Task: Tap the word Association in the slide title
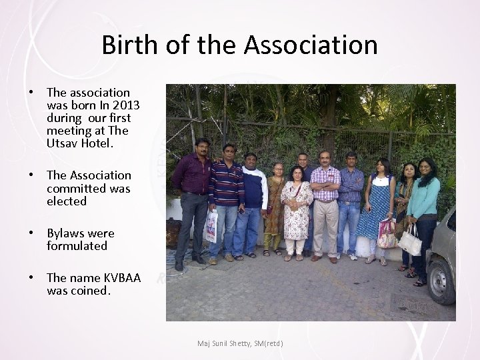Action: point(311,45)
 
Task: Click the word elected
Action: point(67,201)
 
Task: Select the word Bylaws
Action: point(65,233)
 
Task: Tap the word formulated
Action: point(77,246)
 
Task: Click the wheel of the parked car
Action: point(442,279)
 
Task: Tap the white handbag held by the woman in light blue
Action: point(410,243)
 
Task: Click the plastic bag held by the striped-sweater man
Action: point(211,225)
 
